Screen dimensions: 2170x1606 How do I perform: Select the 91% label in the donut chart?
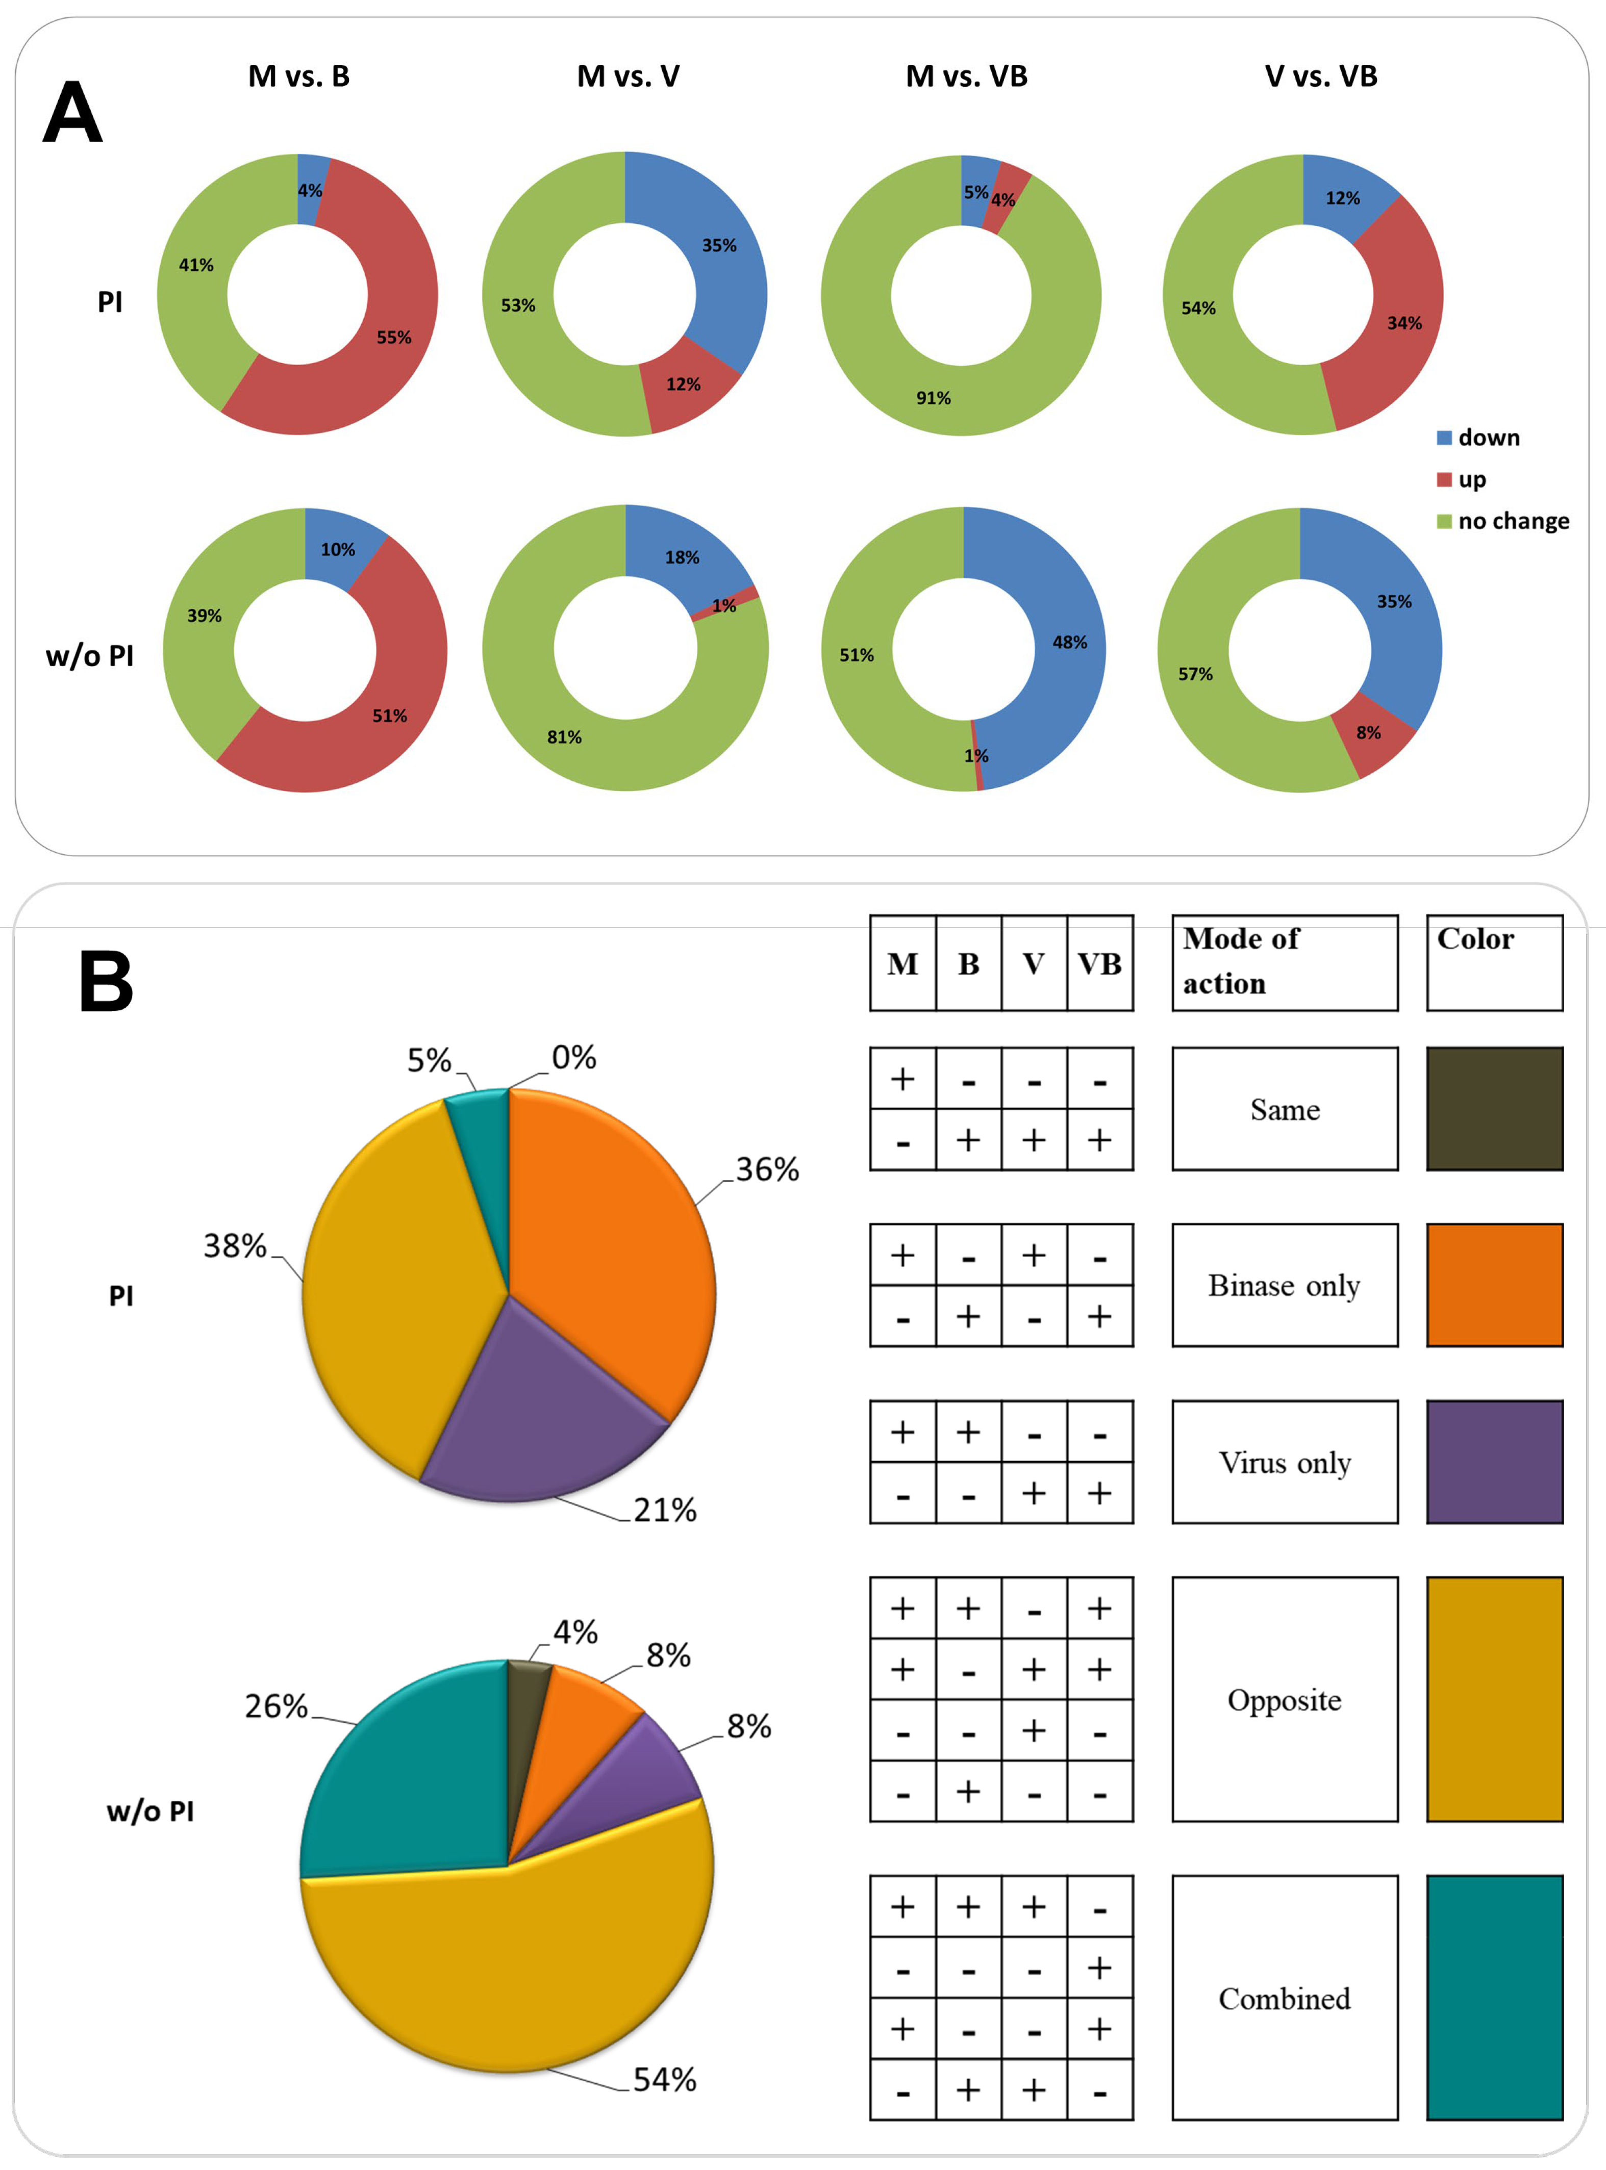(933, 397)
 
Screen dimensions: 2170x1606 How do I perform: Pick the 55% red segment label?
(394, 337)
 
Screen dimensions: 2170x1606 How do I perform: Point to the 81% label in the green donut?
(564, 736)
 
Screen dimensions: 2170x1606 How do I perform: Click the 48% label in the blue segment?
(1069, 643)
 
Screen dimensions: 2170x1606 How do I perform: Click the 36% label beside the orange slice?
(767, 1169)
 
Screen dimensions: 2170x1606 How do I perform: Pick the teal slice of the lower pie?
(408, 1788)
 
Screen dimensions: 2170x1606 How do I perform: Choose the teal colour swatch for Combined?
(1494, 1997)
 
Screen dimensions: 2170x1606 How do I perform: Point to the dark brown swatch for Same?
(1494, 1109)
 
